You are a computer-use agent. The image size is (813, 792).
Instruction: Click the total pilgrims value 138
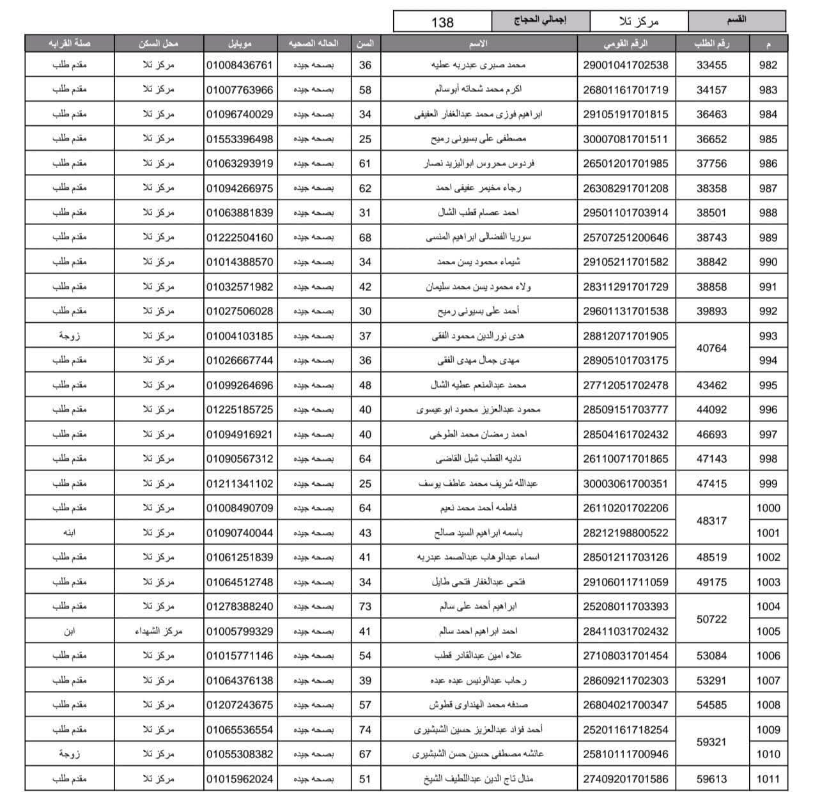(x=442, y=22)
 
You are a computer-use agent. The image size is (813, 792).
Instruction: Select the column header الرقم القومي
(x=625, y=43)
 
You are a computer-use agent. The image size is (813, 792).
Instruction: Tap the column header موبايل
(x=240, y=43)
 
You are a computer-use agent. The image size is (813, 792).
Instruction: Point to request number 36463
(x=711, y=114)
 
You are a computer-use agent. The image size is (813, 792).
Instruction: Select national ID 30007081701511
(x=625, y=139)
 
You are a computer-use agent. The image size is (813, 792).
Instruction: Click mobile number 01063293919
(x=240, y=164)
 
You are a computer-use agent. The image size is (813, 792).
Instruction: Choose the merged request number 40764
(x=711, y=348)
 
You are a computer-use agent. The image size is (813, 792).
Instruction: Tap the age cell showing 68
(x=365, y=237)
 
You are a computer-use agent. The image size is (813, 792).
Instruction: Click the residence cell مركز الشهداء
(x=159, y=632)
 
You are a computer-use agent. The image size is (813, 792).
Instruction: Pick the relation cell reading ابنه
(x=69, y=532)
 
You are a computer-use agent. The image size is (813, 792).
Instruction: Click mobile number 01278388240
(x=240, y=607)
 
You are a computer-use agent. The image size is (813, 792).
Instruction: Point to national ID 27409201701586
(x=625, y=779)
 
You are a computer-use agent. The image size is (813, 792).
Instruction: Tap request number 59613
(x=711, y=779)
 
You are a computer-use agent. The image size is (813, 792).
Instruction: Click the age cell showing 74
(x=365, y=730)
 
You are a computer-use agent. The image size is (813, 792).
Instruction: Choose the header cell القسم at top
(x=737, y=20)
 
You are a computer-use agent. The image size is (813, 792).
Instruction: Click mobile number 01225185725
(x=240, y=410)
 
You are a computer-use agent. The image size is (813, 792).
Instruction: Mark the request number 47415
(x=711, y=484)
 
